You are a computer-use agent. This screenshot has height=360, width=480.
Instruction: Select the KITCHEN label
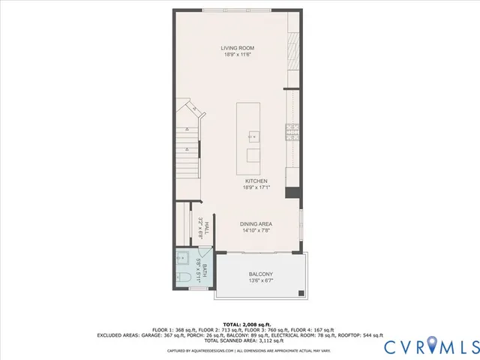(x=256, y=181)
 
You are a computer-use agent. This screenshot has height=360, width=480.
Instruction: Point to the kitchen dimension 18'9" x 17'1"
(x=256, y=187)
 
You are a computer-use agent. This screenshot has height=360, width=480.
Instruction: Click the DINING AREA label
(x=256, y=224)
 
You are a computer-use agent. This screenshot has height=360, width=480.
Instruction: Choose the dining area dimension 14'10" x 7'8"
(x=256, y=230)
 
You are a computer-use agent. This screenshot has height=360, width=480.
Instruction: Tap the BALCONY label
(x=261, y=274)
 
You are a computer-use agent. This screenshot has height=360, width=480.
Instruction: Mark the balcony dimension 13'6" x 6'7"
(x=261, y=281)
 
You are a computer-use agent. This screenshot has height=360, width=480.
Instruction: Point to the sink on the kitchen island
(x=253, y=136)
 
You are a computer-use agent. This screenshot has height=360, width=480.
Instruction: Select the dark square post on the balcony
(x=301, y=292)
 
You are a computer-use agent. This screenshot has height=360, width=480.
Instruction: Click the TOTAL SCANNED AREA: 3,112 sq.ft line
(x=239, y=341)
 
